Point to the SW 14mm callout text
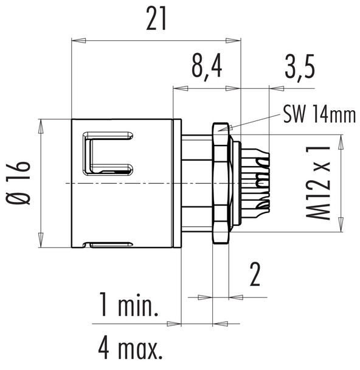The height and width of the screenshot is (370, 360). click(319, 114)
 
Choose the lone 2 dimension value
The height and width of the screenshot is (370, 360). click(254, 275)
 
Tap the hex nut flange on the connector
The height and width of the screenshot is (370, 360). click(220, 183)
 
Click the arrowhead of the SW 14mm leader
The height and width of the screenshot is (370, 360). click(230, 130)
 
